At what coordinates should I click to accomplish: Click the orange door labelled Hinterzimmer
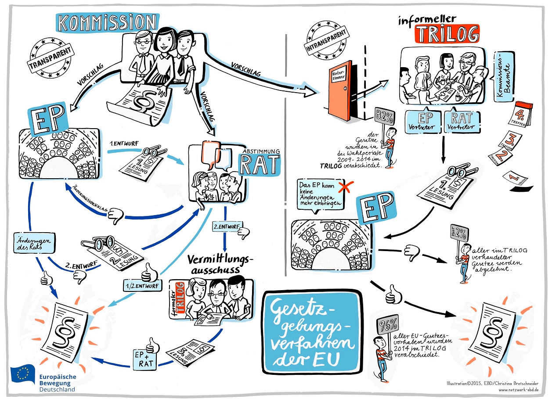(339, 92)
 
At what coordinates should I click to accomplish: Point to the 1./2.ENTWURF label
(142, 286)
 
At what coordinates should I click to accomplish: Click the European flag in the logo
(23, 374)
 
